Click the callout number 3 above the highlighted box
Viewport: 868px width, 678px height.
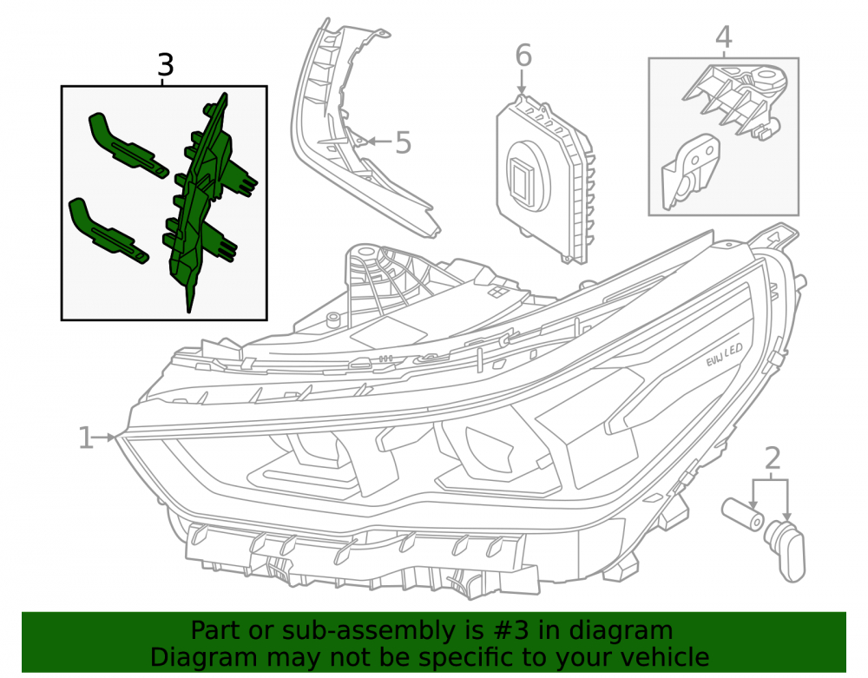point(166,65)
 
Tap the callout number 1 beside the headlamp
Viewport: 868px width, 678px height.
point(85,438)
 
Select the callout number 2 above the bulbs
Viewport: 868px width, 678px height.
point(773,458)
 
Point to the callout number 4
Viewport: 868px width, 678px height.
point(724,37)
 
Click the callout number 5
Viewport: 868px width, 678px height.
point(403,142)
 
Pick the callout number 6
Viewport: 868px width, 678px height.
point(523,56)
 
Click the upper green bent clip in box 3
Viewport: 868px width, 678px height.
point(128,146)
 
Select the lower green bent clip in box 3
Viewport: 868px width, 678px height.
point(108,230)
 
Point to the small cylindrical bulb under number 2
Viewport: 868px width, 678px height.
point(743,513)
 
